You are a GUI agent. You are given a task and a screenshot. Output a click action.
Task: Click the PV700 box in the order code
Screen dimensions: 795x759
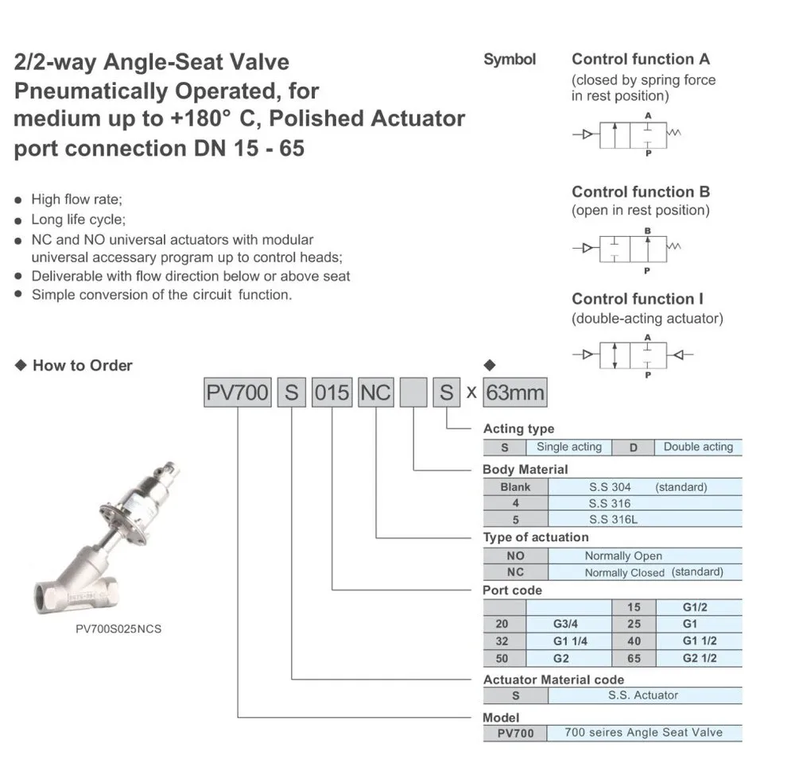[x=237, y=392]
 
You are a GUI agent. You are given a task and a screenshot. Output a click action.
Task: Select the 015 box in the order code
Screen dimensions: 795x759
[x=332, y=392]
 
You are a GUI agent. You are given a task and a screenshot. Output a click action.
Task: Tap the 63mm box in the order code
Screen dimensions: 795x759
[x=515, y=392]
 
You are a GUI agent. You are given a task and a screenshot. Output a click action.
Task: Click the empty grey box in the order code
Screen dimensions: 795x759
[x=413, y=392]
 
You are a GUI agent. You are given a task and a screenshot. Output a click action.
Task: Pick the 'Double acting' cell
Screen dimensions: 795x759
[x=698, y=447]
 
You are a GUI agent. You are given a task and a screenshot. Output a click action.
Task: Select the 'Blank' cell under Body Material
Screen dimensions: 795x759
[x=515, y=487]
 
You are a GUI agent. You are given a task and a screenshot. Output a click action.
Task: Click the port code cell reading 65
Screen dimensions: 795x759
[x=634, y=658]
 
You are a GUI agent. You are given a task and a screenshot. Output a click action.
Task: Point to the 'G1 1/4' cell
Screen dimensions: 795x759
[x=569, y=641]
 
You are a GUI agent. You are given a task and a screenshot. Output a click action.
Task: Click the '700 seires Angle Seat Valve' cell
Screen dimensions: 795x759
[x=644, y=733]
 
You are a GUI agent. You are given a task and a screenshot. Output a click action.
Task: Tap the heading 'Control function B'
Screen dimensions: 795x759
[x=641, y=192]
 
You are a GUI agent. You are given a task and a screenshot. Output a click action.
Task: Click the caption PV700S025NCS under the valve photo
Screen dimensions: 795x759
[x=118, y=629]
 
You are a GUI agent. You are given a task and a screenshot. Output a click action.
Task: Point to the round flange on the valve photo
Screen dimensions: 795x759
[x=125, y=521]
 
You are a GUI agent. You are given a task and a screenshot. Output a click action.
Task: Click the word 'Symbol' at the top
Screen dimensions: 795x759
[x=510, y=60]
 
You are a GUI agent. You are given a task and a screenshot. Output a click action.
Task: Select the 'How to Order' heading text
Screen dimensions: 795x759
[x=82, y=366]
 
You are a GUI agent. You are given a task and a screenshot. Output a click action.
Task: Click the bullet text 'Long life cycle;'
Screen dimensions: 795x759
[x=79, y=219]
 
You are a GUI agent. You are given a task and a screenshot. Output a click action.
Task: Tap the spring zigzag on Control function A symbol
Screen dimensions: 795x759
[x=674, y=133]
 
